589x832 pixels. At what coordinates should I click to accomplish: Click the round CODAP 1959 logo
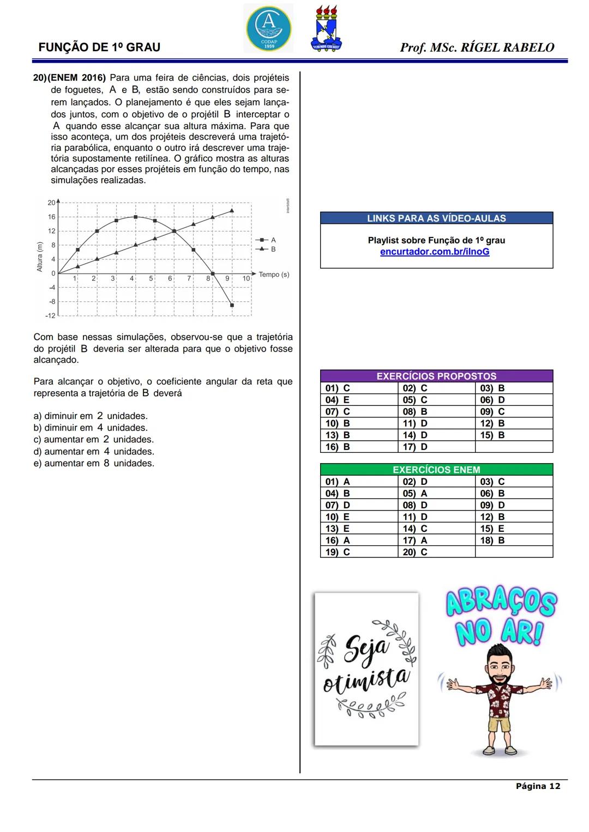click(x=268, y=28)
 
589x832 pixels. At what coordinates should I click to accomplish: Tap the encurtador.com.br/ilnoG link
click(x=435, y=252)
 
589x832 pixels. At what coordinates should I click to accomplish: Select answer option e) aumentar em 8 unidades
click(x=94, y=463)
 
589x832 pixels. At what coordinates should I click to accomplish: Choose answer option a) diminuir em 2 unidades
click(x=91, y=416)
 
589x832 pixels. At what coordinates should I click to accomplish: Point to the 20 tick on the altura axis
click(x=51, y=203)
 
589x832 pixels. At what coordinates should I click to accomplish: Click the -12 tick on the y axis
click(x=50, y=315)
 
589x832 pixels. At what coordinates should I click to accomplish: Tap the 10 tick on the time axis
click(x=246, y=278)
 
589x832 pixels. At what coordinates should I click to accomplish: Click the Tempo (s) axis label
click(x=274, y=275)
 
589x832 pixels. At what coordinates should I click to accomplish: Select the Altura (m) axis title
click(x=39, y=257)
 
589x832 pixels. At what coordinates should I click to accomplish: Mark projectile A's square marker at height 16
click(x=135, y=217)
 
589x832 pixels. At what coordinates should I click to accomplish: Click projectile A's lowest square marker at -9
click(x=232, y=305)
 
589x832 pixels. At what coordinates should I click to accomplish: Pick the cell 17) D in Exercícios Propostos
click(x=415, y=447)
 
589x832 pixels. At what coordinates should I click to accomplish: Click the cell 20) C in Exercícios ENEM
click(x=415, y=552)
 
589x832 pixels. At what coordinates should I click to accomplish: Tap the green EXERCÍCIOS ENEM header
click(x=436, y=470)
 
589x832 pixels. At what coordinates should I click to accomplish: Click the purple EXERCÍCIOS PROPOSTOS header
click(x=436, y=376)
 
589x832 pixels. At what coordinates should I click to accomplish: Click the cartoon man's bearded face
click(x=499, y=660)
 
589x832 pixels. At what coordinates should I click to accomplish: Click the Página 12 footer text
click(x=538, y=786)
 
